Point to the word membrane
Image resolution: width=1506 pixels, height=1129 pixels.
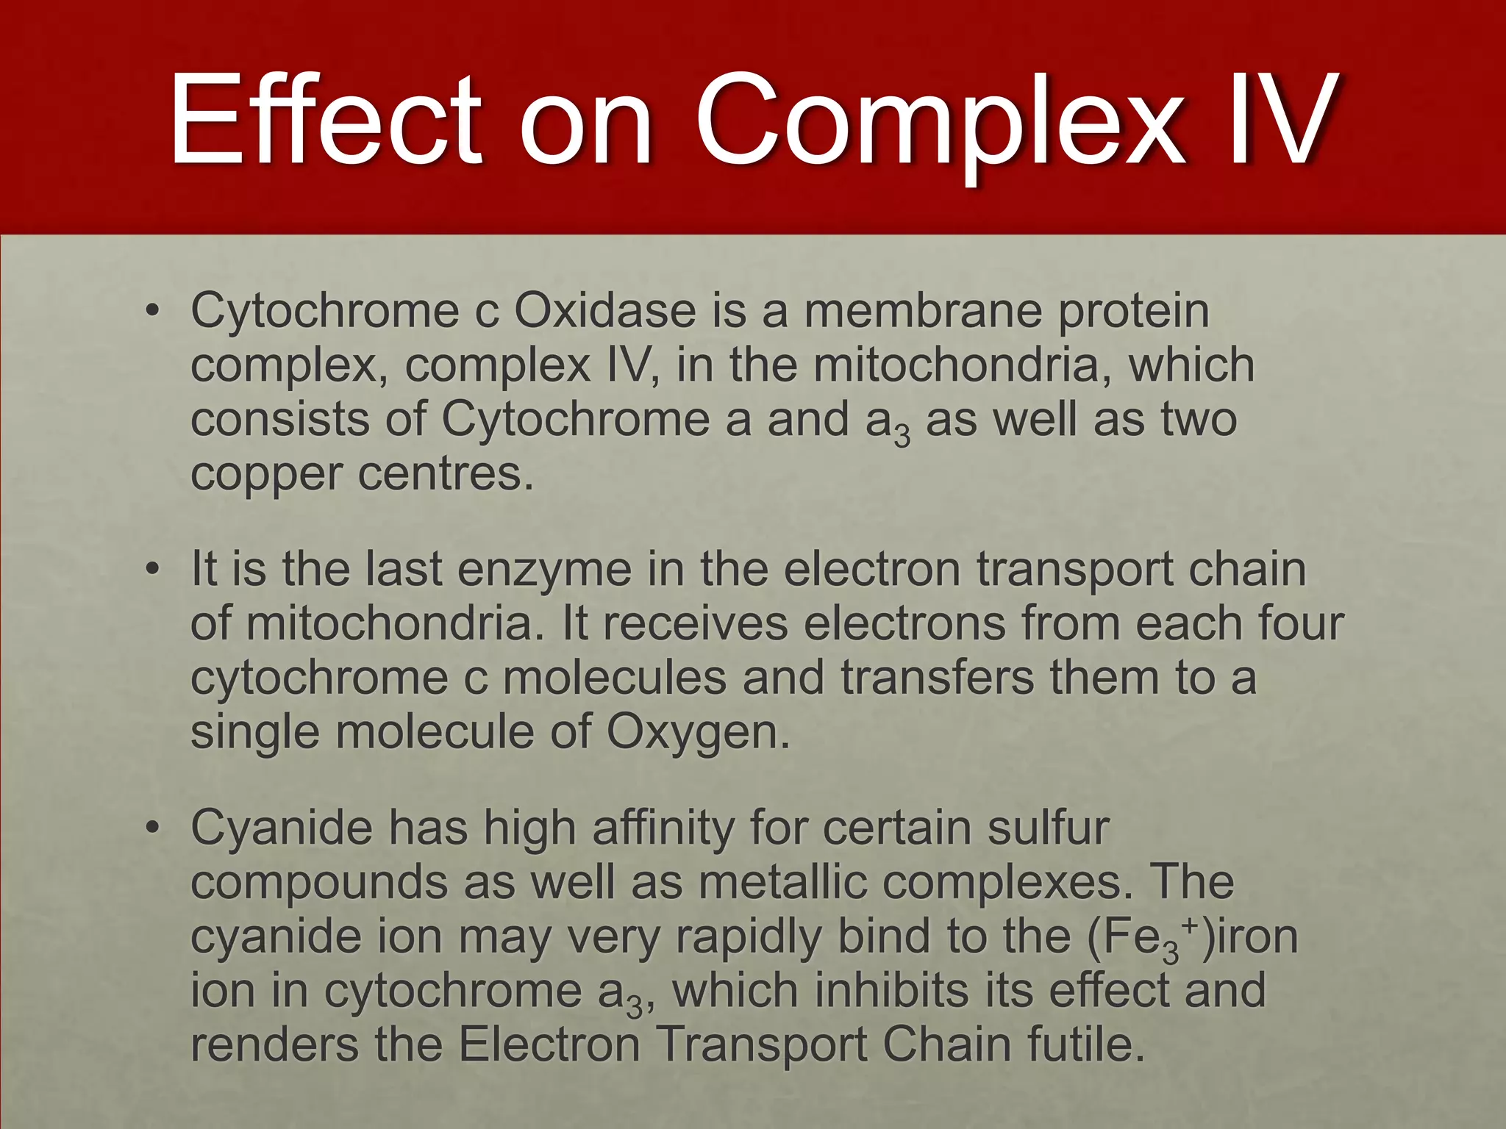coord(923,311)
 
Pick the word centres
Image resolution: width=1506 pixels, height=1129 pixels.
coord(445,474)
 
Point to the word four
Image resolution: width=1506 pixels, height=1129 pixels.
coord(1301,623)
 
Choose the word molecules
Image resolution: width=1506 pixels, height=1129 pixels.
coord(615,678)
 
